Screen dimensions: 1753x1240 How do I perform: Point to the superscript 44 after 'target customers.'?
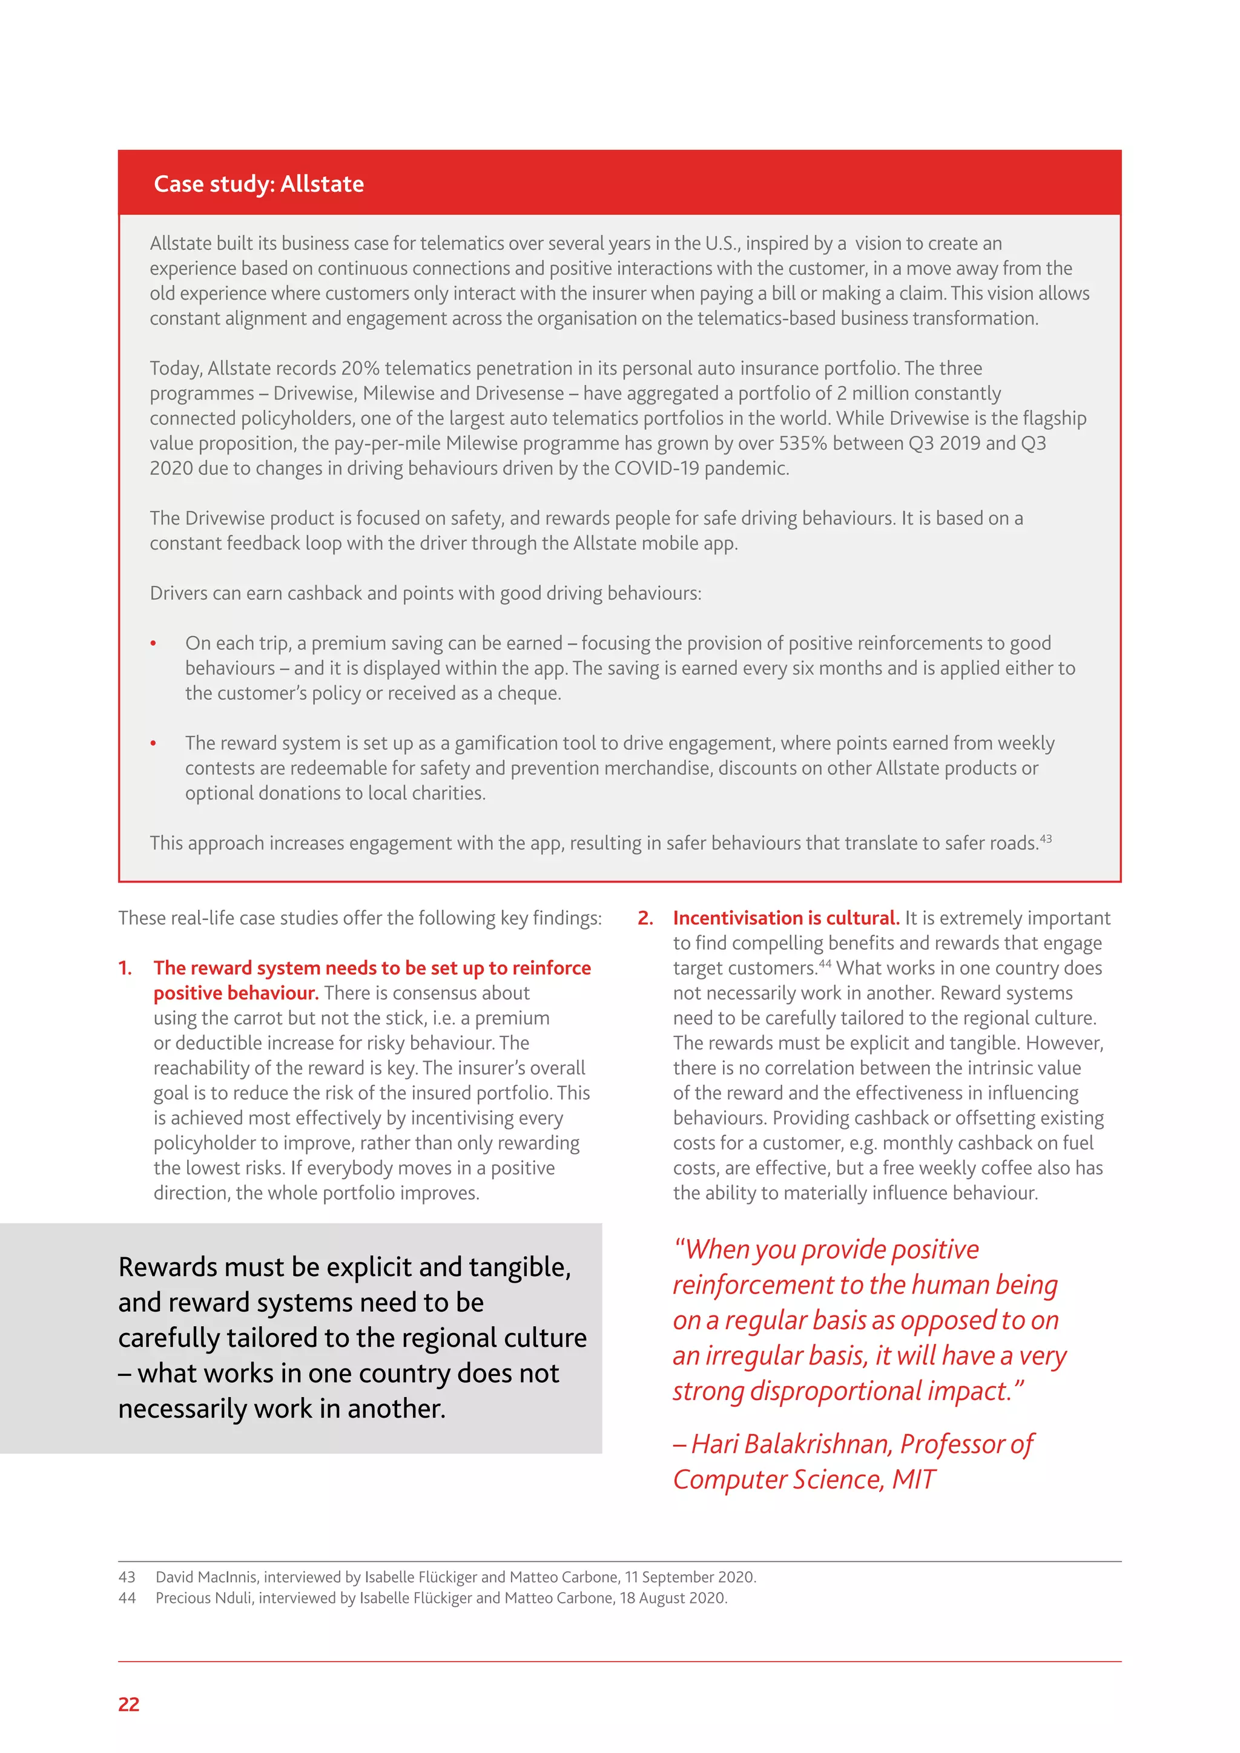[x=825, y=964]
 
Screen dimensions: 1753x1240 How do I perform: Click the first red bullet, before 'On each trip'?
[x=153, y=643]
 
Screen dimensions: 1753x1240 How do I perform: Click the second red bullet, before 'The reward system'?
[x=153, y=744]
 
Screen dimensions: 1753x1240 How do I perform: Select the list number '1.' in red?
[x=125, y=968]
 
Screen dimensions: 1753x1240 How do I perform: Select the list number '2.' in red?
[x=645, y=918]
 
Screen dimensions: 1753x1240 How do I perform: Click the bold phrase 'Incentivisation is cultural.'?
[x=786, y=918]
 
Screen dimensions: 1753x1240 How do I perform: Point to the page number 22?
[x=129, y=1704]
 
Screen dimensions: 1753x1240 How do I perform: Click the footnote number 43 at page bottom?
[x=127, y=1577]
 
